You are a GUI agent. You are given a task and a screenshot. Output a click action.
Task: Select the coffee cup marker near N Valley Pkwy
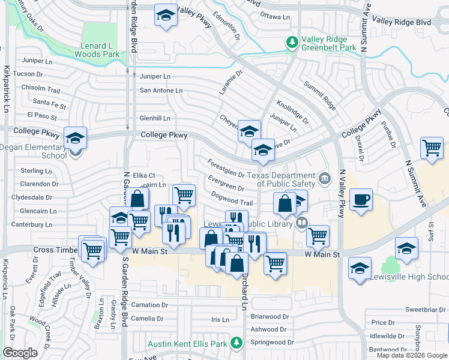pyautogui.click(x=361, y=200)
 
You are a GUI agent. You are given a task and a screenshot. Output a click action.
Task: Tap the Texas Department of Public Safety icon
pyautogui.click(x=325, y=177)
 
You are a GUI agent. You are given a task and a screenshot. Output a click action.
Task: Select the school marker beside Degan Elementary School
pyautogui.click(x=75, y=139)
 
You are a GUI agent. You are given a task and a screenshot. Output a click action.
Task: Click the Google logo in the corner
pyautogui.click(x=20, y=353)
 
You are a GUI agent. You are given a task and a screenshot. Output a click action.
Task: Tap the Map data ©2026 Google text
pyautogui.click(x=412, y=355)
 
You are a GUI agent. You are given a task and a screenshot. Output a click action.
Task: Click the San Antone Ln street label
pyautogui.click(x=161, y=91)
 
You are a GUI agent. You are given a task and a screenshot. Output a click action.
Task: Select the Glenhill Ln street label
pyautogui.click(x=155, y=118)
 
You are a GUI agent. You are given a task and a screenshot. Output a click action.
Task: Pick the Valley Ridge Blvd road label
pyautogui.click(x=402, y=22)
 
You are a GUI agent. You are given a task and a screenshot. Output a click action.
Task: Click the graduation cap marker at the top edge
pyautogui.click(x=166, y=16)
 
